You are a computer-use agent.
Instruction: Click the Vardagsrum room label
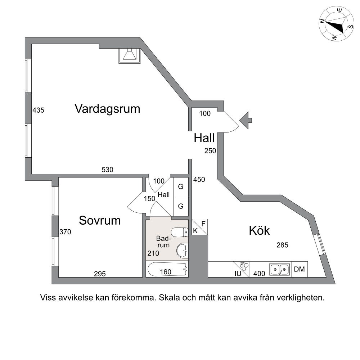tap(107, 109)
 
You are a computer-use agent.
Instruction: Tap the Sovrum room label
tap(100, 220)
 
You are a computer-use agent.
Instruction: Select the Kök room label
tap(259, 230)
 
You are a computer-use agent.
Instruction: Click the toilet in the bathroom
tap(180, 232)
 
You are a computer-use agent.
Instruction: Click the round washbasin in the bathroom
tap(182, 251)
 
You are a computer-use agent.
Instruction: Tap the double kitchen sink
tap(279, 269)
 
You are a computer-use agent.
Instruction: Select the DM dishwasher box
tap(300, 269)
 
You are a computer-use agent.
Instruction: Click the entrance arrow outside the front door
tap(246, 120)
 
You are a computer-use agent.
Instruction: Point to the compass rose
tap(336, 24)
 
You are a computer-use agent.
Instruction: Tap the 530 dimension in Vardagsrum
tap(107, 170)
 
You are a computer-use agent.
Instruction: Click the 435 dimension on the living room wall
tap(38, 110)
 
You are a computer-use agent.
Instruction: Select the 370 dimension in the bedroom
tap(65, 232)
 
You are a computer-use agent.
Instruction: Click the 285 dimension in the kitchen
tap(282, 245)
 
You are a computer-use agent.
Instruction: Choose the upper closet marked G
tap(181, 186)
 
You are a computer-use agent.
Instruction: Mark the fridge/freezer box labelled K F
tap(199, 227)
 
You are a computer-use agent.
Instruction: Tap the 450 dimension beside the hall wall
tap(199, 179)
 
